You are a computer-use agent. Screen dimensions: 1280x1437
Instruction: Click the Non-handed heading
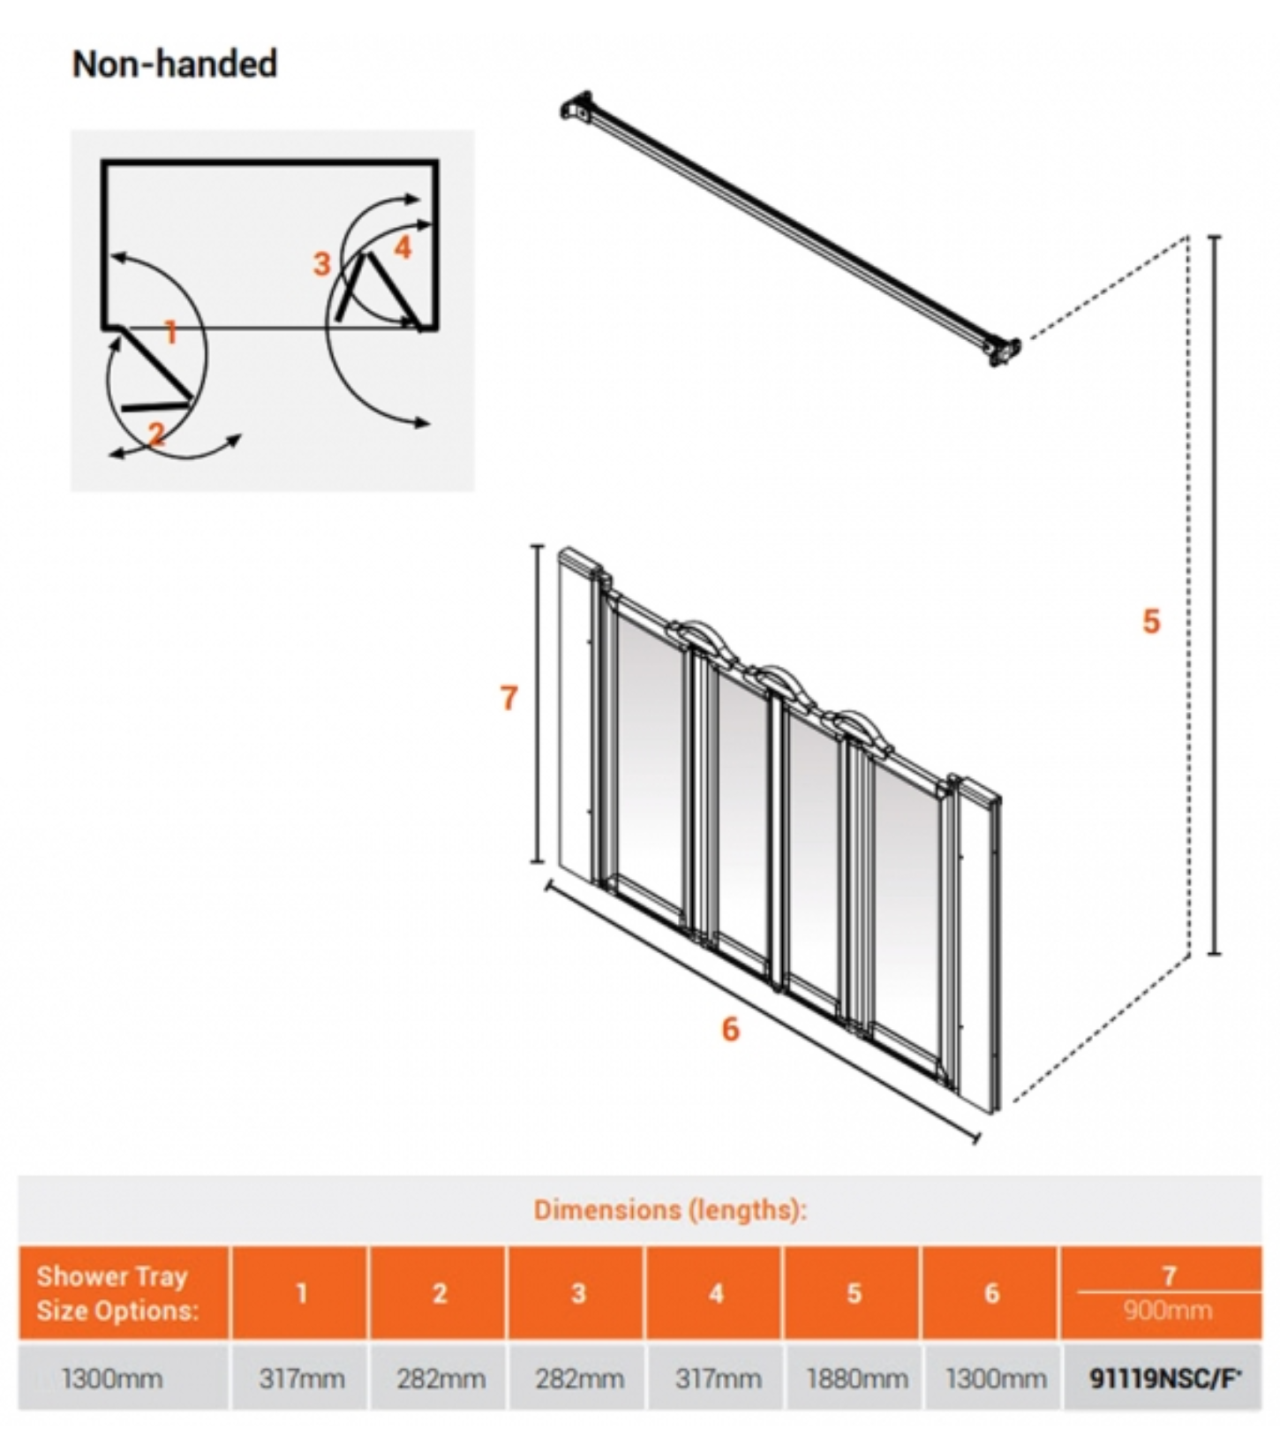[x=175, y=64]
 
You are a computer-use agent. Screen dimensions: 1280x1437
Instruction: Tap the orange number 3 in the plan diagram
[x=321, y=263]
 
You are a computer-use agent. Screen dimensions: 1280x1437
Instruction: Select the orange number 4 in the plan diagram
[x=403, y=247]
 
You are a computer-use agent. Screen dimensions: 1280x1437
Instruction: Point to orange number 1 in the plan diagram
[x=171, y=332]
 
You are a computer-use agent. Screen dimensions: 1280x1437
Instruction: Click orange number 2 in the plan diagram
[x=157, y=434]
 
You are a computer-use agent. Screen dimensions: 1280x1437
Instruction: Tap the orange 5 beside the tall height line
[x=1150, y=622]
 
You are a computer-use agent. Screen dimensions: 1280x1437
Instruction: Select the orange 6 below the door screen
[x=730, y=1029]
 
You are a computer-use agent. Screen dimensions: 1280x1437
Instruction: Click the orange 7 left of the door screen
[x=508, y=699]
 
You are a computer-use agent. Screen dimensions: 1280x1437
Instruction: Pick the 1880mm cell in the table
[x=856, y=1378]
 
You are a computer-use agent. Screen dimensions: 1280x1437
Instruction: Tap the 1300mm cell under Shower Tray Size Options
[x=112, y=1378]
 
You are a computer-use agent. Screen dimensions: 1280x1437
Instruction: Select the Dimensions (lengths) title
[x=670, y=1209]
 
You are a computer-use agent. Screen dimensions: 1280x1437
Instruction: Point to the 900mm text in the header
[x=1167, y=1310]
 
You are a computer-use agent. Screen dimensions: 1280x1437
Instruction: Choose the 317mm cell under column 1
[x=302, y=1378]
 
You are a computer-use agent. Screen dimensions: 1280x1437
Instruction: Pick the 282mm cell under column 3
[x=579, y=1378]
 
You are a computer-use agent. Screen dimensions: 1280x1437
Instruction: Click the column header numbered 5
[x=854, y=1293]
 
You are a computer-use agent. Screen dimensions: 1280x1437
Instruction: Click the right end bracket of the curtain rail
[x=1002, y=351]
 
